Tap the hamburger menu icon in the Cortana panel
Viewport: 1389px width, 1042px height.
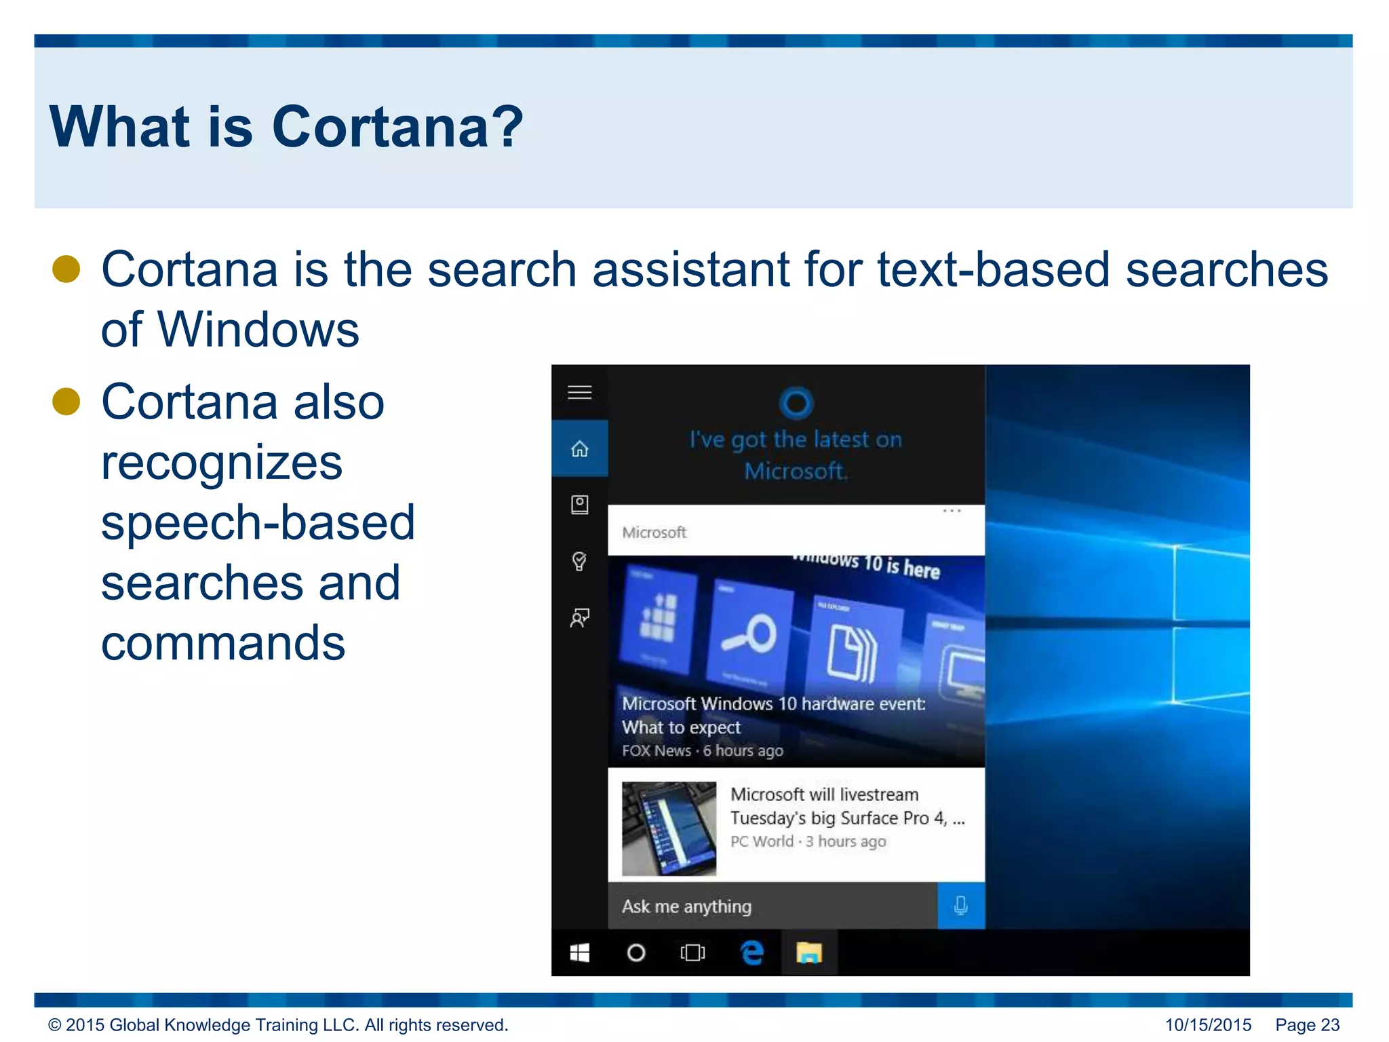pos(579,392)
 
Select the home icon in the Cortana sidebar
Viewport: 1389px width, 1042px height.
pos(579,449)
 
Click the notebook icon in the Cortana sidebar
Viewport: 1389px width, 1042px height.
pos(579,505)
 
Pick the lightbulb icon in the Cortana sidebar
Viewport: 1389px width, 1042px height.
pos(579,561)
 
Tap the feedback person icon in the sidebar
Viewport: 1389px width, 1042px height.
pos(579,617)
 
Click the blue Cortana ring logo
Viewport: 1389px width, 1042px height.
pos(796,403)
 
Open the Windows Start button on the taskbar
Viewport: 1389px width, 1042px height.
pos(579,953)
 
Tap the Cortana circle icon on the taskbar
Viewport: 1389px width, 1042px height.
pos(636,953)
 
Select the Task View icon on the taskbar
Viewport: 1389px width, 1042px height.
pos(692,953)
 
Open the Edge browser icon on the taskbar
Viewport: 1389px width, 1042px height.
pos(751,953)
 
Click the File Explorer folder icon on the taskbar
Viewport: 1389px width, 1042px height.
pos(808,953)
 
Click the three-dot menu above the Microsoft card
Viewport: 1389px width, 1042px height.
pos(952,511)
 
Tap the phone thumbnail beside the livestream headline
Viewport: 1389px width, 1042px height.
pos(669,828)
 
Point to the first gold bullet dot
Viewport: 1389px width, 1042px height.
pos(66,269)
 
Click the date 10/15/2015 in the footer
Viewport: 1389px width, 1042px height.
pos(1208,1025)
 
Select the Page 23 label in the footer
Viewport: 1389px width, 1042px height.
pos(1307,1025)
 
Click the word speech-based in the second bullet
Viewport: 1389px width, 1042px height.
pos(258,522)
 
